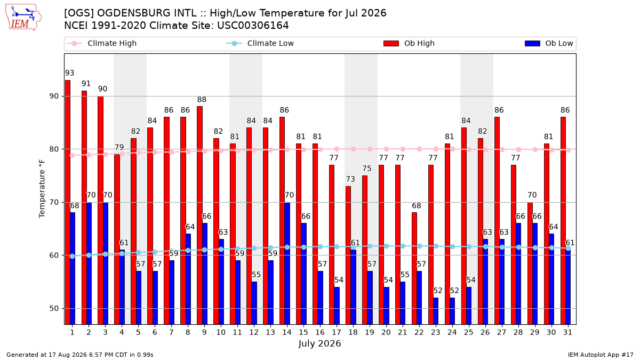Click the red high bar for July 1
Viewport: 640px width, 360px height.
point(68,202)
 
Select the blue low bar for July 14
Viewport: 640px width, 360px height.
point(287,263)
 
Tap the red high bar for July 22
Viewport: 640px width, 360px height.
point(414,269)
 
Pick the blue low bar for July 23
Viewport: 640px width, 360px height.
point(436,311)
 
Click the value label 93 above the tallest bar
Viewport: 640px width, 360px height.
point(69,73)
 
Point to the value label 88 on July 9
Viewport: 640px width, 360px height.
point(202,99)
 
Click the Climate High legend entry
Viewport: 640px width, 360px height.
point(102,43)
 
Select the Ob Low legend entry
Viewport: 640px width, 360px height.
point(549,43)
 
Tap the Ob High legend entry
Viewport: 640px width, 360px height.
point(409,43)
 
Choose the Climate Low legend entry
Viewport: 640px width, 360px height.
point(260,43)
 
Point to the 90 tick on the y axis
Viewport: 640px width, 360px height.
point(54,97)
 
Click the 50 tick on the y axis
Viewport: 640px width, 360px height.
point(54,309)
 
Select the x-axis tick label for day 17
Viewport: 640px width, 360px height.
point(337,333)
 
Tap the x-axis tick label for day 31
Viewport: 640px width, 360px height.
point(567,333)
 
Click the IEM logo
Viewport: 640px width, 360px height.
point(23,18)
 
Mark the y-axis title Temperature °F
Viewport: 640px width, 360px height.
point(42,189)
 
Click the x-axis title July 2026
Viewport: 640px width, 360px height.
point(319,343)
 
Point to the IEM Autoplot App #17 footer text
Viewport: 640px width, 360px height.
point(601,355)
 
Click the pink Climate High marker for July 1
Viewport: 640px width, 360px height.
point(73,155)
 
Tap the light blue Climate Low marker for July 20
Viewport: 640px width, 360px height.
point(386,246)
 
